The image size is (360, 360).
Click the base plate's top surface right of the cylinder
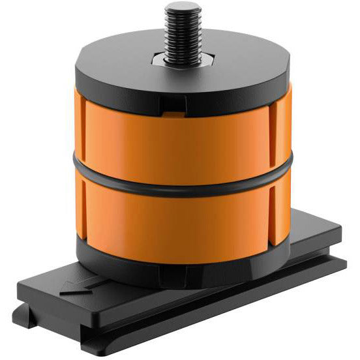pyautogui.click(x=313, y=235)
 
